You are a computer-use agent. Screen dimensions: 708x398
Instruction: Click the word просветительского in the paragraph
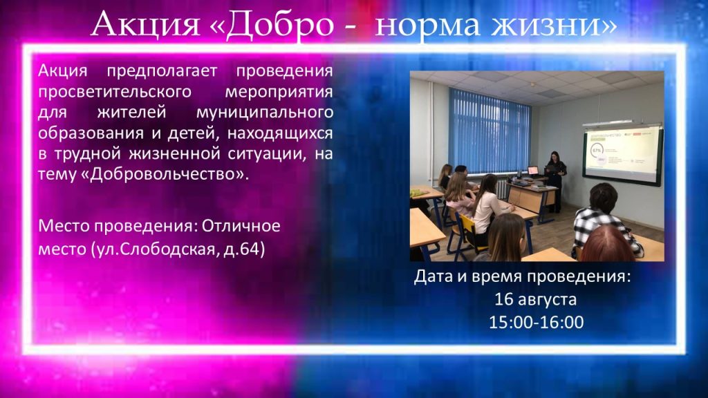(x=115, y=92)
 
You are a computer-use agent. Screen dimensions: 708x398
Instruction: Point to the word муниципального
(x=265, y=113)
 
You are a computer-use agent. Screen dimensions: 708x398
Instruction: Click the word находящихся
(x=280, y=133)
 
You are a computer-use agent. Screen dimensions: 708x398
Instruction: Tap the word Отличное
(x=241, y=225)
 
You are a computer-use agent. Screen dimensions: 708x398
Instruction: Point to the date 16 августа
(x=536, y=299)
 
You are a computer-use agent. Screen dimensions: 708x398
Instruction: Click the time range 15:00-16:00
(x=537, y=322)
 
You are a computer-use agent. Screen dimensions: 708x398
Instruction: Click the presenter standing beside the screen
(x=556, y=180)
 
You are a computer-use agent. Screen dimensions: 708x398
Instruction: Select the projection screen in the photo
(x=623, y=154)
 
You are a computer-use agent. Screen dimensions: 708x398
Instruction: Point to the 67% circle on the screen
(x=597, y=150)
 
